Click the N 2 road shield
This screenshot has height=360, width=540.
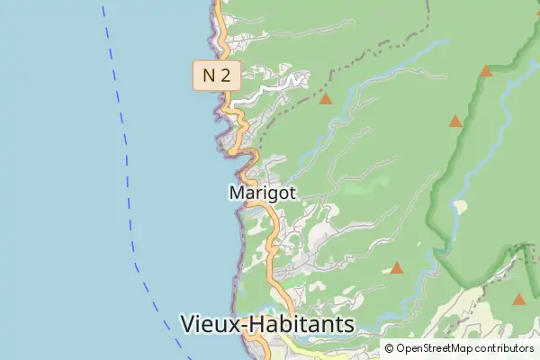(216, 75)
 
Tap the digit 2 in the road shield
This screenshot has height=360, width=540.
(224, 75)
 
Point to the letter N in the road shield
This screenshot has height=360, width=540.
(209, 75)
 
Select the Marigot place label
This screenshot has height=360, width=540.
(264, 193)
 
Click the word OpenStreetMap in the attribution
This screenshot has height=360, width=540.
(436, 348)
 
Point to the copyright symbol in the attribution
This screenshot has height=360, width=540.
(389, 348)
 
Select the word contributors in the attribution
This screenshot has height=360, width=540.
(504, 348)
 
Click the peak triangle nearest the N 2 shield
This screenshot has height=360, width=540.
(326, 99)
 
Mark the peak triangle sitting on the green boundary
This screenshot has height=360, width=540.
(486, 71)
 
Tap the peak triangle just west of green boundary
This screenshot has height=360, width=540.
(455, 121)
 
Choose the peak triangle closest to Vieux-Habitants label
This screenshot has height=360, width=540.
(396, 267)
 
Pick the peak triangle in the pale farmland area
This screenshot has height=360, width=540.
(518, 299)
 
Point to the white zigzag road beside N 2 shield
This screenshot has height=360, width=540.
(270, 88)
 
